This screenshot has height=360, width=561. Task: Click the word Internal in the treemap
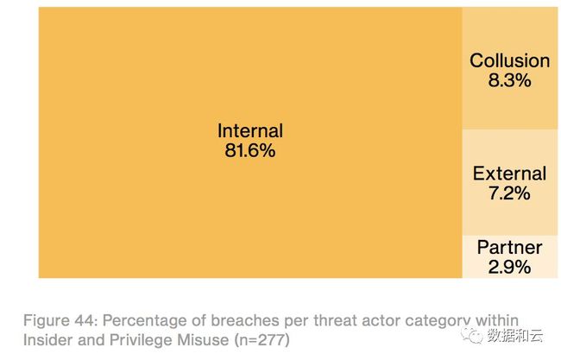(x=250, y=130)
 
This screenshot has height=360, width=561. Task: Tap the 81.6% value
(x=250, y=150)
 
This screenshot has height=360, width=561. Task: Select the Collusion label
(x=510, y=60)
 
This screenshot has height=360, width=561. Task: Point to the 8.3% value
(x=510, y=80)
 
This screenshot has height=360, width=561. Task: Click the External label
(x=510, y=174)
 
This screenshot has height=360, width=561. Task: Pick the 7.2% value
(x=510, y=193)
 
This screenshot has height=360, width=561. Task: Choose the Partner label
(x=510, y=247)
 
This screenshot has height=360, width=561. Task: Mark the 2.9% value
(x=510, y=267)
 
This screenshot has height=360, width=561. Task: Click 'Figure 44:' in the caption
(x=60, y=320)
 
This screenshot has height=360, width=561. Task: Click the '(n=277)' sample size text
(x=262, y=340)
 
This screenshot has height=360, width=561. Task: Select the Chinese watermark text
(x=515, y=336)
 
